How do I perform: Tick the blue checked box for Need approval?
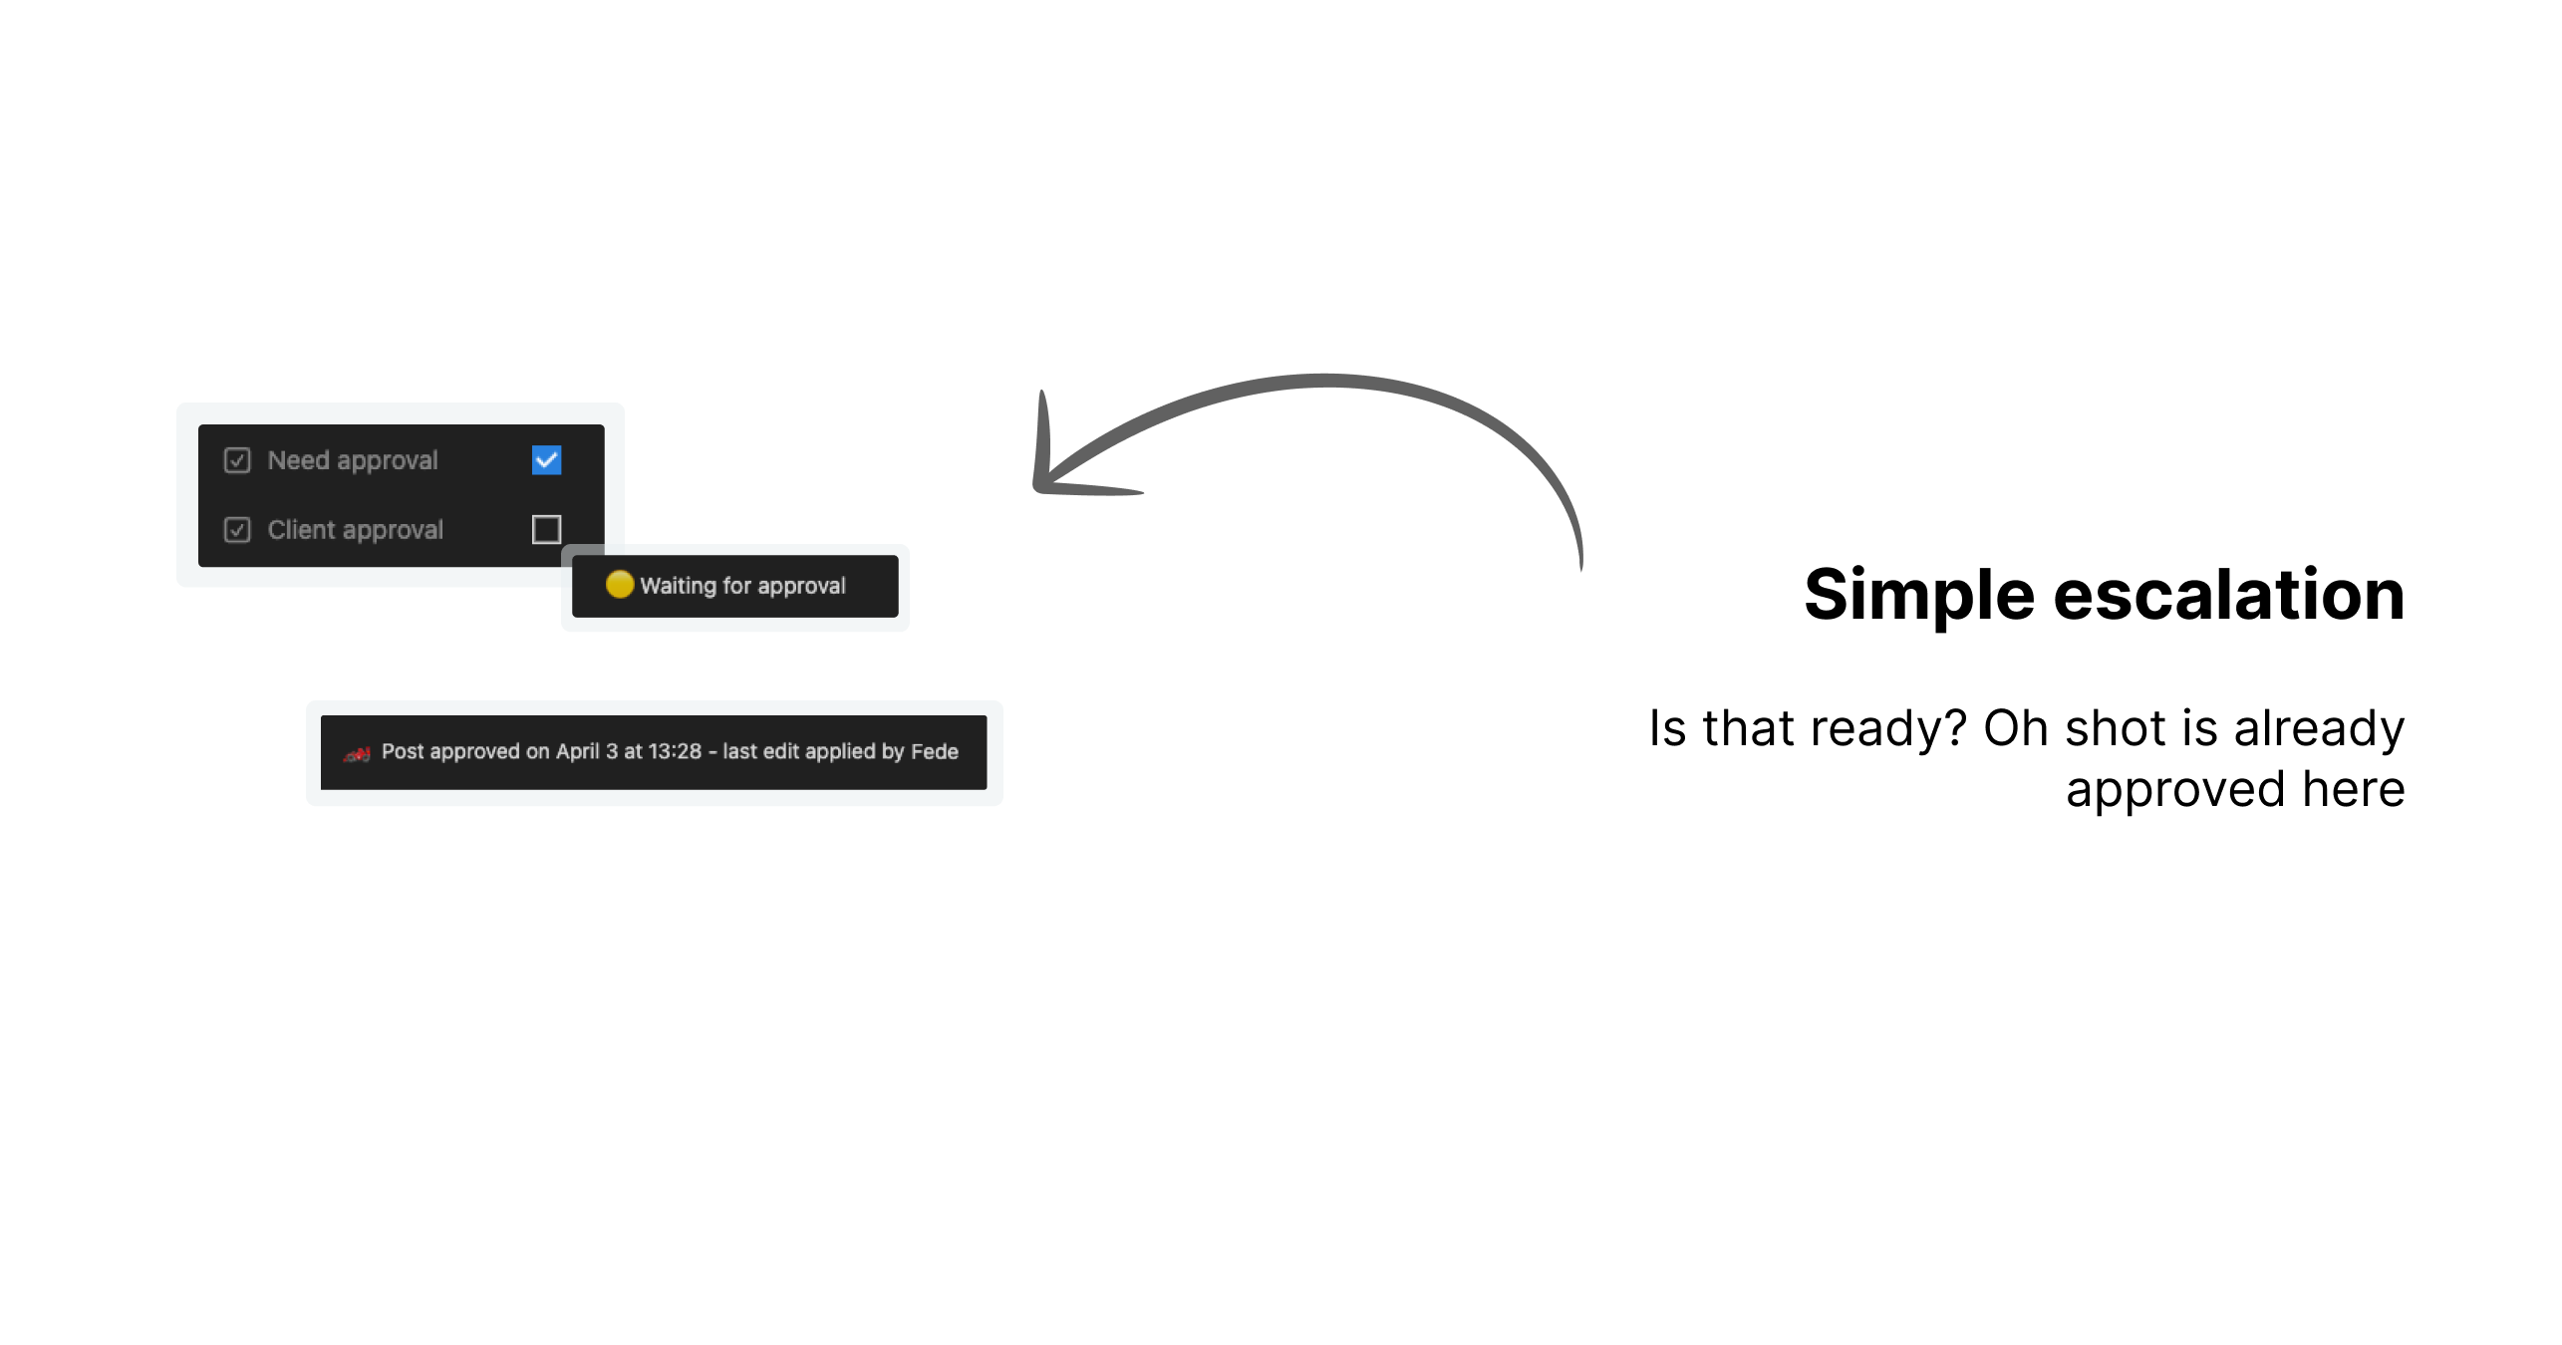[546, 460]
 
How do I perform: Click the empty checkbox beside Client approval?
[546, 529]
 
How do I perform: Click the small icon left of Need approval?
[237, 460]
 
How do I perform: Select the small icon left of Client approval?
[237, 529]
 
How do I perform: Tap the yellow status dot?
[620, 585]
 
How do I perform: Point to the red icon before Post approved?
[357, 754]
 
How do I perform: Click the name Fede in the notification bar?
[935, 751]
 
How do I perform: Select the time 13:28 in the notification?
[675, 751]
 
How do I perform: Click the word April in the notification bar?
[578, 752]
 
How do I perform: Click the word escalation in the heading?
[2229, 596]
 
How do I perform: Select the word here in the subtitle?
[2354, 789]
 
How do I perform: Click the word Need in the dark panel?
[298, 460]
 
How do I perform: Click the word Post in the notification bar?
[403, 751]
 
